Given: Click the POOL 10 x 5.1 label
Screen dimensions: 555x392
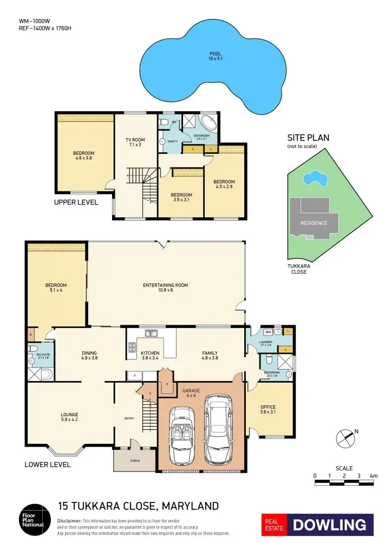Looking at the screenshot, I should [216, 56].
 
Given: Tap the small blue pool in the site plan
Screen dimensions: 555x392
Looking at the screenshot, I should [314, 177].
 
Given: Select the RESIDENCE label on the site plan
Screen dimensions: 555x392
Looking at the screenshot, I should [313, 223].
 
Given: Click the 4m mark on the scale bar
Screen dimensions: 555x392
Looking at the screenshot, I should [373, 476].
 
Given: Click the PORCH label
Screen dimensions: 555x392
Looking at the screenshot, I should [135, 461].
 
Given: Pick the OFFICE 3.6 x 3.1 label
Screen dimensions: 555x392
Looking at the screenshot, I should [268, 410].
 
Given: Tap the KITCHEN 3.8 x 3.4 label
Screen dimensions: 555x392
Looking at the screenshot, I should [150, 356].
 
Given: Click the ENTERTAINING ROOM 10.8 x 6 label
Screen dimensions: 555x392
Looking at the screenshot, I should [165, 288].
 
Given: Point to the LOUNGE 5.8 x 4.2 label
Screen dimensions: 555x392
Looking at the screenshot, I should [69, 417].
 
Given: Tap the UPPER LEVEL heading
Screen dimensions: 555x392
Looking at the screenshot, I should [76, 202].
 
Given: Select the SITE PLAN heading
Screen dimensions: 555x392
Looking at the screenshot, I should [308, 138].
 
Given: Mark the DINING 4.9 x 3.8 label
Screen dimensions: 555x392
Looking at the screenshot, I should [89, 356].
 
